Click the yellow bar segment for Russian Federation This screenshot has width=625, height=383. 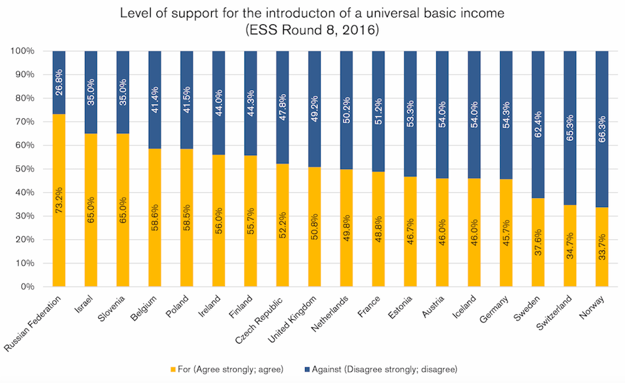[x=59, y=200]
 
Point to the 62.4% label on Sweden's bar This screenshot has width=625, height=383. [x=539, y=99]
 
